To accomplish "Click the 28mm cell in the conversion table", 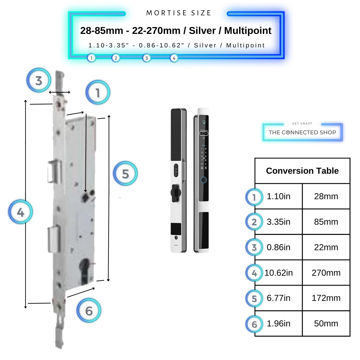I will click(326, 196).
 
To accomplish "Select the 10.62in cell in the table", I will click(278, 273).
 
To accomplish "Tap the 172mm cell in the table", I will click(326, 298).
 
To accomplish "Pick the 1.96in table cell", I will click(278, 323).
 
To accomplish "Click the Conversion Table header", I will click(302, 171).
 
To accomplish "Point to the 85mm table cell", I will click(326, 222).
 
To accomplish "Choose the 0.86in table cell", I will click(278, 247).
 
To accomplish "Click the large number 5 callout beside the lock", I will click(125, 173).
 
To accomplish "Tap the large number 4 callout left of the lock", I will click(20, 212).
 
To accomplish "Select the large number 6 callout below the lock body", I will click(89, 310).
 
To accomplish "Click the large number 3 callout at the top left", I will click(39, 80).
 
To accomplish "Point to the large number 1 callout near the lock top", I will click(98, 92).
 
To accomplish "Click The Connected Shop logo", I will click(302, 132).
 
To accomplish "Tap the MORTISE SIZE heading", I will click(179, 13).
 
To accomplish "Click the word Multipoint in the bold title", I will click(248, 31).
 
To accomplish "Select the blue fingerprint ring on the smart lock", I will click(204, 180).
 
